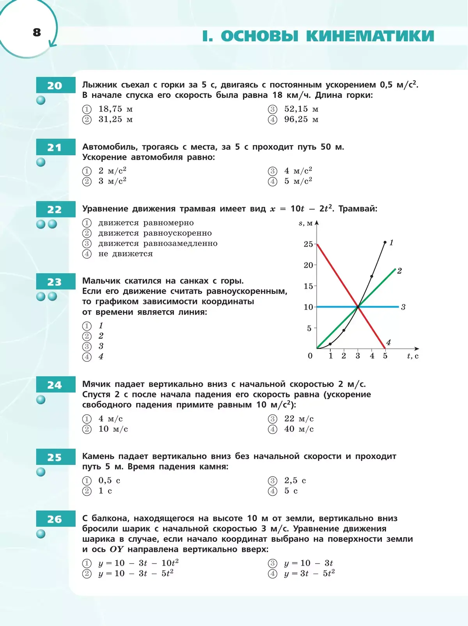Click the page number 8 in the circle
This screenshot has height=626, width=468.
[x=37, y=32]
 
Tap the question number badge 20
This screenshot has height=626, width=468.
[x=55, y=85]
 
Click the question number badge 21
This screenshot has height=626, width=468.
[x=55, y=148]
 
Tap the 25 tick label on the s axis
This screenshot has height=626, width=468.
[x=308, y=244]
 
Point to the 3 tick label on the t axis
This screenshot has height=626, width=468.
[x=358, y=356]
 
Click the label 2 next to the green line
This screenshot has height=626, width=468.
[x=399, y=271]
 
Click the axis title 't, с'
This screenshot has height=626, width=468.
[x=413, y=356]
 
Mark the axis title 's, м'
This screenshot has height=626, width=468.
[x=306, y=223]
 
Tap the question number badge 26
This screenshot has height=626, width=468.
[x=55, y=519]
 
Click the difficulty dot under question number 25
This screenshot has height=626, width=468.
[x=41, y=472]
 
